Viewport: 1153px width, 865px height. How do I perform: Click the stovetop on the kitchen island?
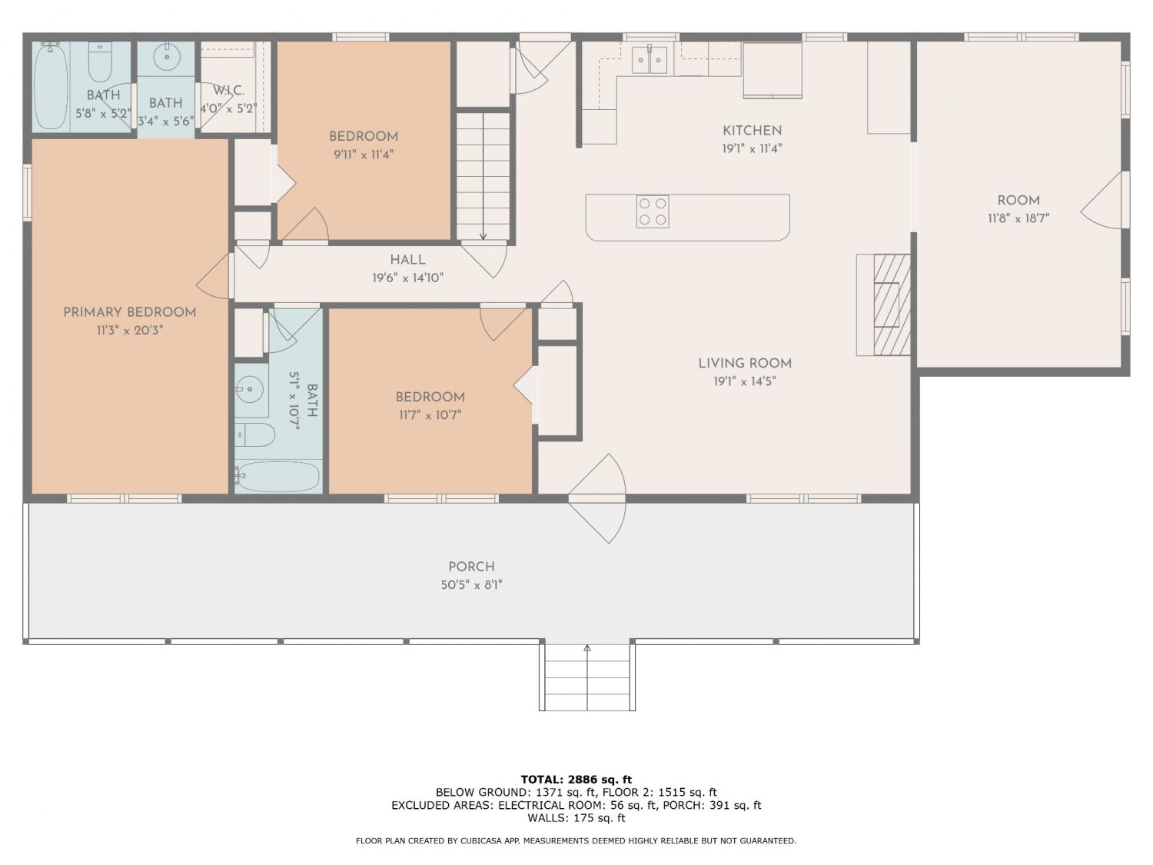[x=653, y=211]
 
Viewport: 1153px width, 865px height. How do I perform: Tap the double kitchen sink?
[x=650, y=60]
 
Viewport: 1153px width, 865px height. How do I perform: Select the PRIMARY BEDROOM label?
[x=130, y=312]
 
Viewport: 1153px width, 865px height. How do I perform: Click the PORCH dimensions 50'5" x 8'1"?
[x=472, y=584]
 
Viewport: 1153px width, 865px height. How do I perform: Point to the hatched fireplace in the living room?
[x=892, y=304]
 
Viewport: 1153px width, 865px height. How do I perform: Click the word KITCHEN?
[x=753, y=131]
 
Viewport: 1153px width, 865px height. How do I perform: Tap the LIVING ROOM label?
[x=745, y=364]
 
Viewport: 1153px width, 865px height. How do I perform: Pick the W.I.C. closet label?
[x=228, y=91]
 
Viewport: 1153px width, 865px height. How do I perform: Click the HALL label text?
[x=407, y=260]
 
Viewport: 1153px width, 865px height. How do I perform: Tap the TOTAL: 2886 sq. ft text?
[x=576, y=780]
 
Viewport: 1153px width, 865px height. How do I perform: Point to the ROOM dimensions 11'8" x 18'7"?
[x=1018, y=218]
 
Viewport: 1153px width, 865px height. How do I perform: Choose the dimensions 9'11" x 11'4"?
[x=364, y=155]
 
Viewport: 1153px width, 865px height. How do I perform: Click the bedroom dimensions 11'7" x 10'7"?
[x=430, y=415]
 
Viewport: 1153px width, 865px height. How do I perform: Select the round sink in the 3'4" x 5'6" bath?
[x=167, y=58]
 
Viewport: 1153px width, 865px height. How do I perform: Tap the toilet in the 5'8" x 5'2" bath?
[x=101, y=62]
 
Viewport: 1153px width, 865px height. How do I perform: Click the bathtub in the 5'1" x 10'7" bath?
[x=277, y=477]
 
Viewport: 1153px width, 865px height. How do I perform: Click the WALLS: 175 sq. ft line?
[x=576, y=818]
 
